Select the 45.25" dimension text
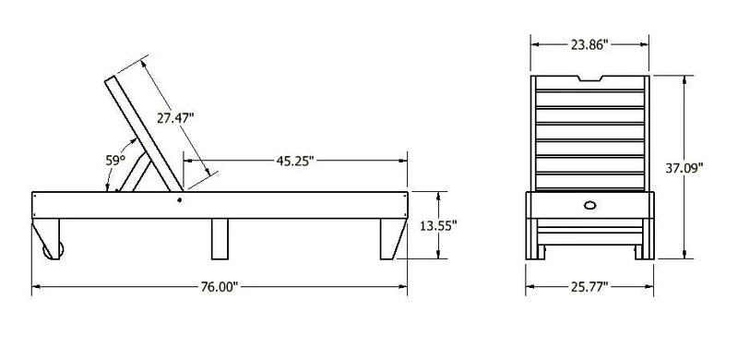[x=295, y=162]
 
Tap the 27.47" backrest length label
[x=175, y=118]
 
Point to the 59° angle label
[x=114, y=161]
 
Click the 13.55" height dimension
[x=439, y=226]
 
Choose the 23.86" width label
[x=589, y=44]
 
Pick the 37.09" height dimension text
[x=684, y=168]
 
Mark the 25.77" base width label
[x=589, y=287]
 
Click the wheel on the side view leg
[x=53, y=250]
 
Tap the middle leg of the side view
[x=220, y=239]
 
